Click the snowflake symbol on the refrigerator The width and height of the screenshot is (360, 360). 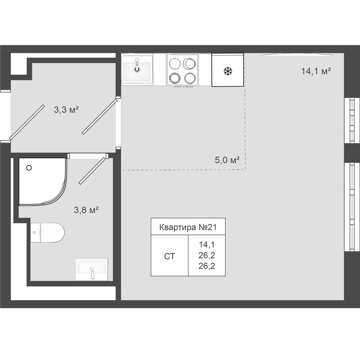pos(228,71)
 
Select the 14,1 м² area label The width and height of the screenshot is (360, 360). pos(316,71)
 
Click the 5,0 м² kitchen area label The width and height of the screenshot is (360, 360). pos(227,160)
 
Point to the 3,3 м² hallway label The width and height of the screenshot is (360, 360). pos(66,109)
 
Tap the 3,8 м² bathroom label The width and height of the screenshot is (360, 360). pos(86,210)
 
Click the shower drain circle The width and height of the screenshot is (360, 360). pos(29,168)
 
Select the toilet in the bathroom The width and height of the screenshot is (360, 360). pos(48,232)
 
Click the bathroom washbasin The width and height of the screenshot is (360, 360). pos(92,269)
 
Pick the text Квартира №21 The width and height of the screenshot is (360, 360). pos(188,227)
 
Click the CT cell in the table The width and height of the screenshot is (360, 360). pos(170,256)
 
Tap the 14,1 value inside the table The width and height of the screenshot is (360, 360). pos(207,245)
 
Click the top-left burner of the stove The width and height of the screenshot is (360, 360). pos(175,64)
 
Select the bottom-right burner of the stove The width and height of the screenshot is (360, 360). pos(190,78)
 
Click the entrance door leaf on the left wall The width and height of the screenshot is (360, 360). pos(27,122)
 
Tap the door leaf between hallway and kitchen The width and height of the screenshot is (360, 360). pos(99,117)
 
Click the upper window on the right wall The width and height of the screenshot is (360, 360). pos(352,121)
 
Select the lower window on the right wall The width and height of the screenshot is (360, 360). pos(352,207)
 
